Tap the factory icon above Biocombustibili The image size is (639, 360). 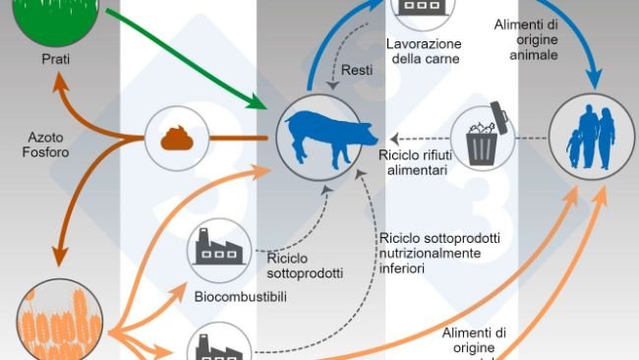coord(218,250)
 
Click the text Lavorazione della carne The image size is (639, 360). coord(423,51)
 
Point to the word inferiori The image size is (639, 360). coord(405,267)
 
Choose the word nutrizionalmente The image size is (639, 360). coord(430,252)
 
